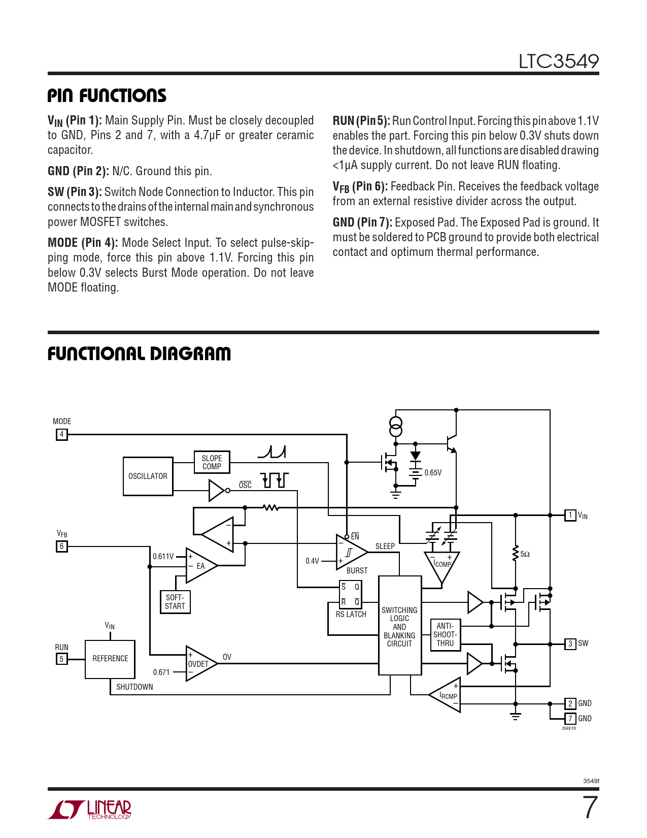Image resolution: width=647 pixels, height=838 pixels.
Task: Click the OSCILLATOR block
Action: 148,476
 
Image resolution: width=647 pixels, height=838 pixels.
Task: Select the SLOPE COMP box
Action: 212,462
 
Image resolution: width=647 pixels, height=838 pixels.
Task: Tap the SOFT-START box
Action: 175,602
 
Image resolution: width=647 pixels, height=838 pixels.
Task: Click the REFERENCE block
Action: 110,659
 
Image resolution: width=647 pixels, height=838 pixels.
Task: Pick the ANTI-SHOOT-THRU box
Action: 445,634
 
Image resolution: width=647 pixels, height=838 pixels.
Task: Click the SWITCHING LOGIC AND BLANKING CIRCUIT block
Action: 400,625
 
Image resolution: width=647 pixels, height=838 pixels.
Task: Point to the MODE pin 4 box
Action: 61,434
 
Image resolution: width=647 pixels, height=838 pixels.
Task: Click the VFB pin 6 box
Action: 61,546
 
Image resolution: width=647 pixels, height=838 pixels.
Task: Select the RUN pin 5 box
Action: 61,659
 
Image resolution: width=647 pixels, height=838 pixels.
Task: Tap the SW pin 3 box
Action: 570,643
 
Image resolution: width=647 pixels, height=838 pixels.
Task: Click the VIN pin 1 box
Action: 570,515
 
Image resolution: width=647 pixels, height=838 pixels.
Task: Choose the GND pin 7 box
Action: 570,718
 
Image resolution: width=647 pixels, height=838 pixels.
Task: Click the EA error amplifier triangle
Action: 200,566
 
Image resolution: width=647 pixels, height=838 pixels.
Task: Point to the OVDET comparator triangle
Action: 199,663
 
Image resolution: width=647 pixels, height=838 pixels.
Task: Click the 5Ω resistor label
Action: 525,554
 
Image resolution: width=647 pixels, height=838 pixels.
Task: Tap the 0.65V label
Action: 433,473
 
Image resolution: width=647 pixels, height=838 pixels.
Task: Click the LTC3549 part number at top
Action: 558,61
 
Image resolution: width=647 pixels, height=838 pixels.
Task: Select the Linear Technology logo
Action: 90,809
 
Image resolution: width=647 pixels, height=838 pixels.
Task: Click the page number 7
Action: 590,808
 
